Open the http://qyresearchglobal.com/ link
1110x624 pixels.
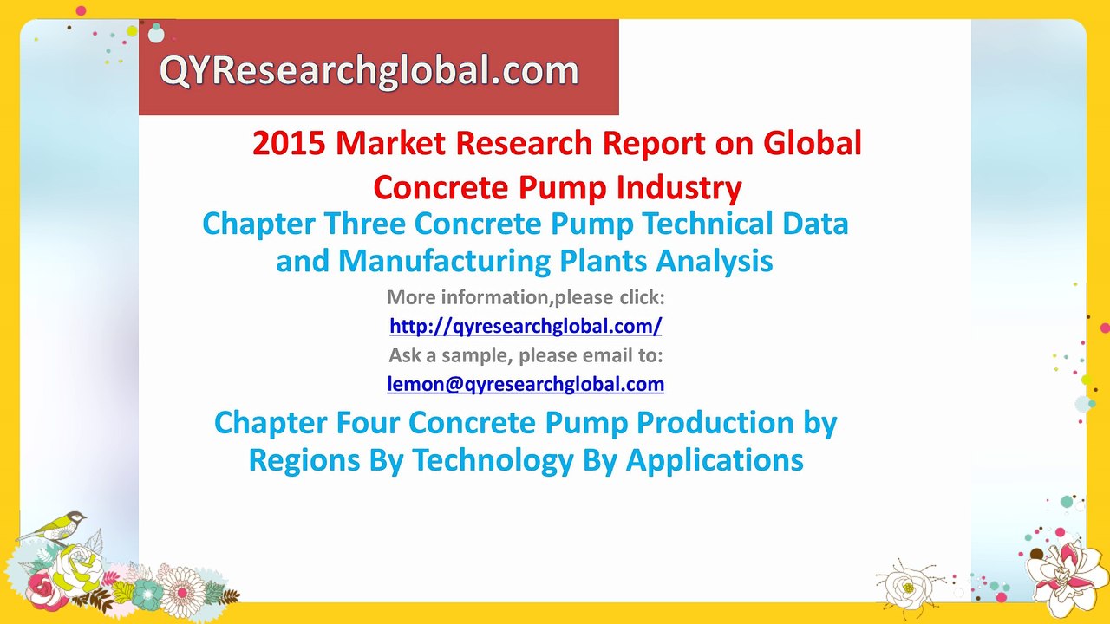tap(526, 326)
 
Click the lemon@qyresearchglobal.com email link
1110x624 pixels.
tap(526, 383)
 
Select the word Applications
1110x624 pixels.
tap(715, 459)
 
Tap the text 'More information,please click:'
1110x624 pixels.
tap(526, 297)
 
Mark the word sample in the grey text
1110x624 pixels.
tap(476, 354)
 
